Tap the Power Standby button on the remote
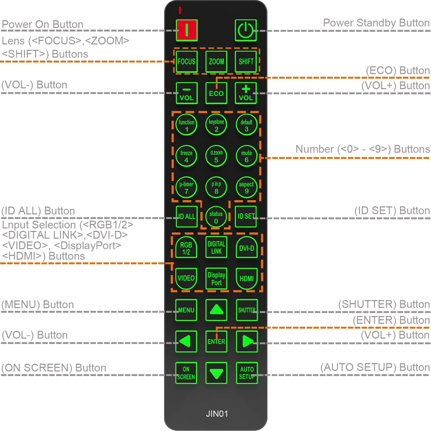coord(245,30)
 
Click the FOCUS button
coord(186,61)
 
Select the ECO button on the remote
coord(216,93)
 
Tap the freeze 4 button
coord(186,156)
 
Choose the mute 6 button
coord(246,156)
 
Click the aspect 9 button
coord(246,187)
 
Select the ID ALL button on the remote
coord(186,217)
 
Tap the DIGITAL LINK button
coord(216,247)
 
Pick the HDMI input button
coord(247,279)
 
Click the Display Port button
coord(216,279)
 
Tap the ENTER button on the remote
coord(216,342)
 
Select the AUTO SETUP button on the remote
coord(247,373)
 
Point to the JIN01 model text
coord(217,414)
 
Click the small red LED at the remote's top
coord(180,11)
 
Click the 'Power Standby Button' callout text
coord(376,23)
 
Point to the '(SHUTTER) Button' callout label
coord(384,304)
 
